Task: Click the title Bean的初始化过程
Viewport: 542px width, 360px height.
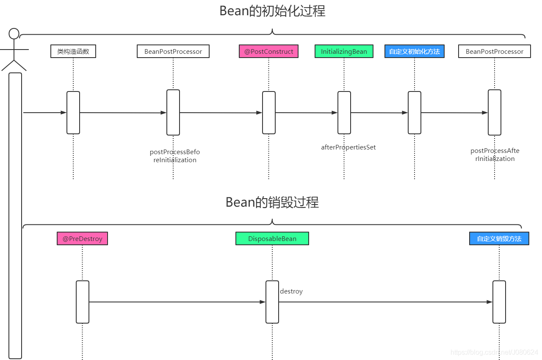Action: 272,11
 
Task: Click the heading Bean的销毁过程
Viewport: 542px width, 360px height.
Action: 272,202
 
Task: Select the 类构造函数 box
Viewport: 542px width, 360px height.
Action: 73,51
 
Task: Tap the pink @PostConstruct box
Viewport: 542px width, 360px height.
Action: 268,51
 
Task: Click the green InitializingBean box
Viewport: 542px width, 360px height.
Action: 344,51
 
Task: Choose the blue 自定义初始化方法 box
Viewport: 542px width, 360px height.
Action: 414,51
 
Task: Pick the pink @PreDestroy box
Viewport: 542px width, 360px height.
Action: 82,238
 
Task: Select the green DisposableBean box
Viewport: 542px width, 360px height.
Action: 272,238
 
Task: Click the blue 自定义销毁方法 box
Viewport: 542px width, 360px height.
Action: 499,238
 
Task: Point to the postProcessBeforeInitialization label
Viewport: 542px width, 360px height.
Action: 174,156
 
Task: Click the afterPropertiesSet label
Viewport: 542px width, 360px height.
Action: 348,147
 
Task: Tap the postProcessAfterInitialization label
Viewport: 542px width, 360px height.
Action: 495,155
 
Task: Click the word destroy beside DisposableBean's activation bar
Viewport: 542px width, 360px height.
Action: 291,291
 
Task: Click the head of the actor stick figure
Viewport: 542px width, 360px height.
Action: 14,33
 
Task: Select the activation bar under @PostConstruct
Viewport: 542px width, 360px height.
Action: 268,113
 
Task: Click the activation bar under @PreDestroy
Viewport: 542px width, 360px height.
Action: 82,302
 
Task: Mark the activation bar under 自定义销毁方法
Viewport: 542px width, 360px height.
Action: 499,302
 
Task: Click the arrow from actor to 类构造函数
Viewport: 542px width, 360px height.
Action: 44,113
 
